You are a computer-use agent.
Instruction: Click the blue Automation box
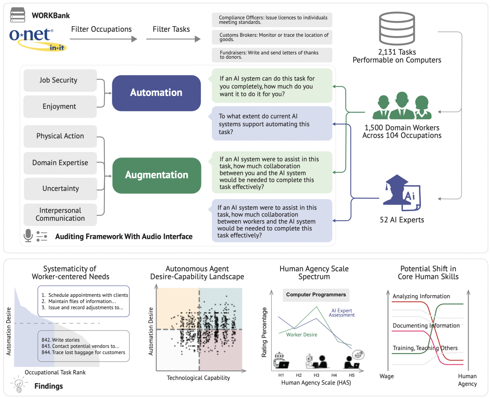pos(156,93)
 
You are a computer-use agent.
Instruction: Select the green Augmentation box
pos(156,175)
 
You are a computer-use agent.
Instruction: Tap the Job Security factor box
pos(60,80)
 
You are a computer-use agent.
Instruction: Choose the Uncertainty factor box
pos(60,188)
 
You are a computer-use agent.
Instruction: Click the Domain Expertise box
pos(60,163)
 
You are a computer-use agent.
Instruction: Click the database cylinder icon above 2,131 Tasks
pos(397,29)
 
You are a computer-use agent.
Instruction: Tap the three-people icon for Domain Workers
pos(402,106)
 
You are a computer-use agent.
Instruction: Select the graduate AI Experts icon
pos(401,193)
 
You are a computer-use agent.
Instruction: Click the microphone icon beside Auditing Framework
pos(28,235)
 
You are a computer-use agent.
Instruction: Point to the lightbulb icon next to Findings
pos(19,384)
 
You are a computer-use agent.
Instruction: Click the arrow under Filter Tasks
pos(173,39)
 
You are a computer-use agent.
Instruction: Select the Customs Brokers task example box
pos(272,37)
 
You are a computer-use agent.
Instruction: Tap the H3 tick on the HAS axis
pos(316,375)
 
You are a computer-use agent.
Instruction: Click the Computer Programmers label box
pos(316,295)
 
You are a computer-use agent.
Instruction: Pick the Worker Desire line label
pos(302,335)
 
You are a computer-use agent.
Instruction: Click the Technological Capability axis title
pos(198,378)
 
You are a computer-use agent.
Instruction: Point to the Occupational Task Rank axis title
pos(55,372)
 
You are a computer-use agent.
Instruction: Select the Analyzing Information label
pos(421,296)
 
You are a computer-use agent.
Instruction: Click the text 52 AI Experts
pos(402,220)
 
